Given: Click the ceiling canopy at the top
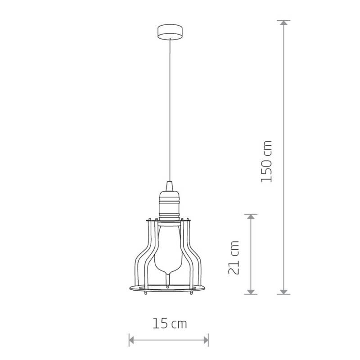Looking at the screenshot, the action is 170,32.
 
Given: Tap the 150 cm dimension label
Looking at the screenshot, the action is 266,162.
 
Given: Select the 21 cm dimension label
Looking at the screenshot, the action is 234,257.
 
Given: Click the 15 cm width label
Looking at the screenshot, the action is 170,323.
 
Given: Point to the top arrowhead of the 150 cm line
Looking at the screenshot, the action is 284,23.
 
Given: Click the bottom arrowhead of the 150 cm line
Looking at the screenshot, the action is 284,292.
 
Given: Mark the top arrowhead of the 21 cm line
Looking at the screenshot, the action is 251,216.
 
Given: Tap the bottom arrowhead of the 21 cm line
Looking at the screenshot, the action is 251,292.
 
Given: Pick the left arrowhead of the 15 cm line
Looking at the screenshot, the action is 131,340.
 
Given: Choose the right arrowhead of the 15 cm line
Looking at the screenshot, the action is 206,340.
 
